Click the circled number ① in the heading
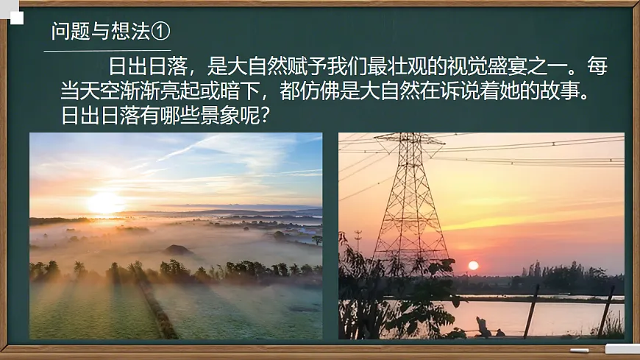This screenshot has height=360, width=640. tap(161, 31)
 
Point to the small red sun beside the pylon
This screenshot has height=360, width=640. tap(473, 265)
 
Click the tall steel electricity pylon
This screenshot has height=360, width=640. tap(410, 199)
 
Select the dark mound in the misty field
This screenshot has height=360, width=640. tap(179, 250)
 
